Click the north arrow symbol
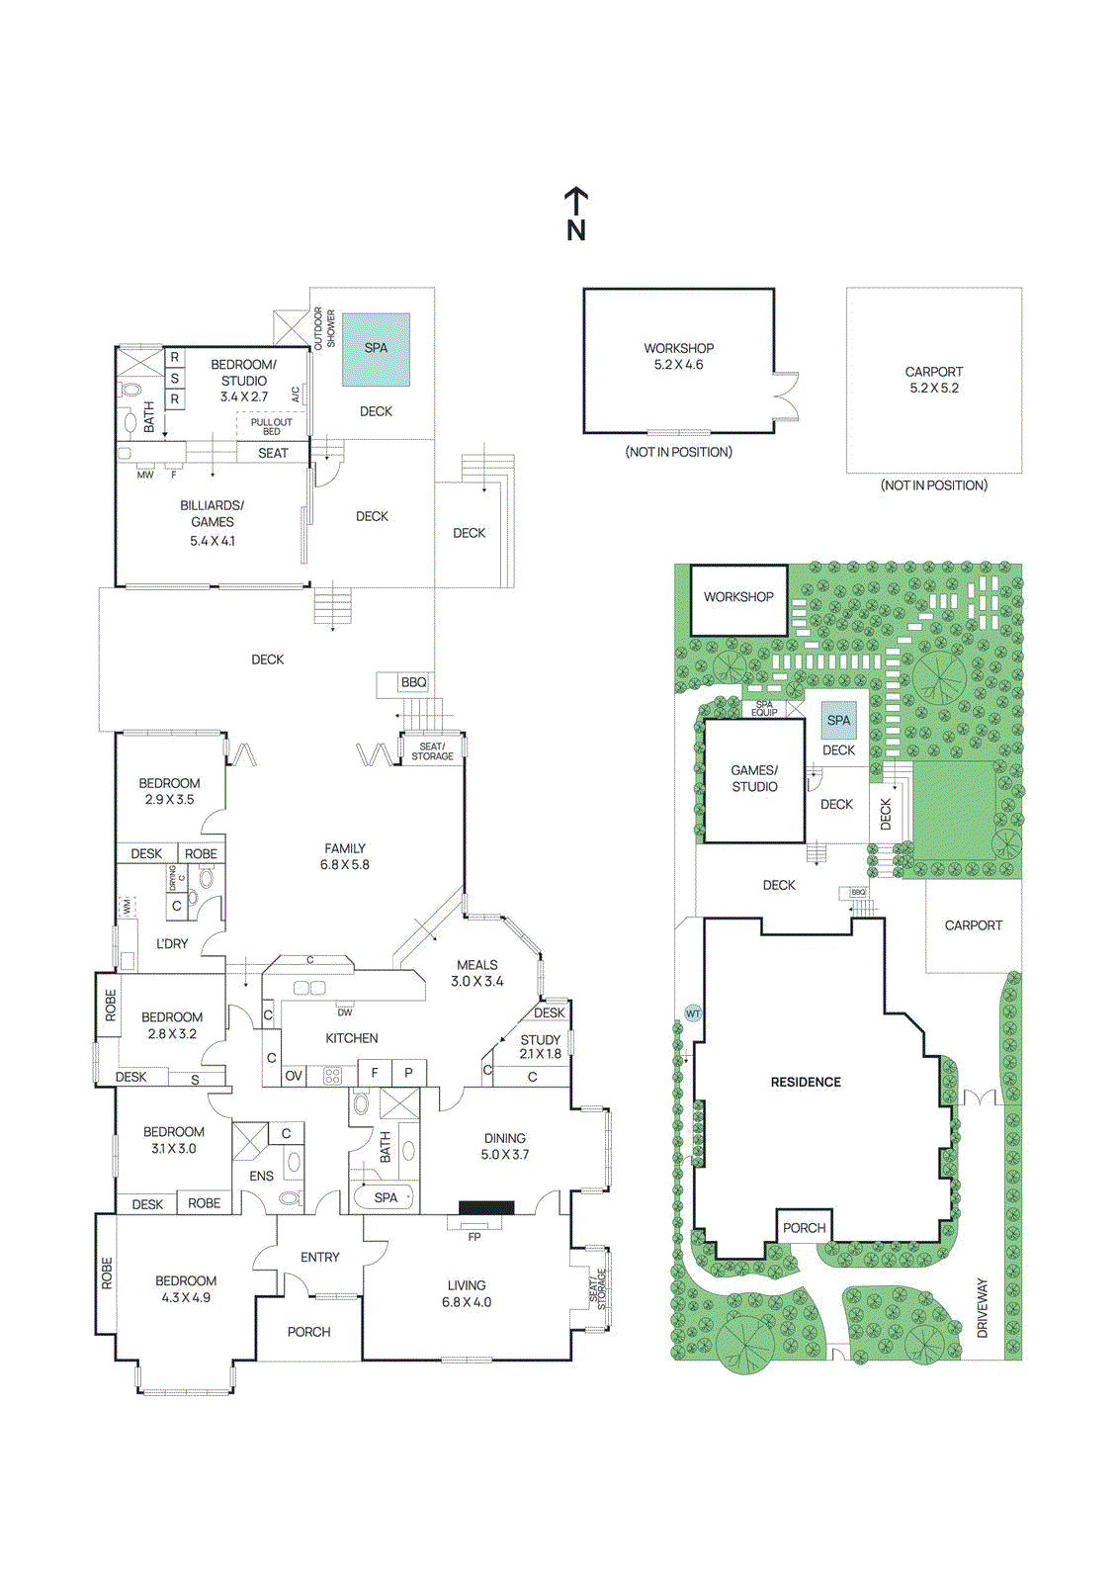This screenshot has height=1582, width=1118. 576,214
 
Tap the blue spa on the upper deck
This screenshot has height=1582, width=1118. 376,349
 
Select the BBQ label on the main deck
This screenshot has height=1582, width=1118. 413,682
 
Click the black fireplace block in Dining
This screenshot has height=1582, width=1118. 486,1207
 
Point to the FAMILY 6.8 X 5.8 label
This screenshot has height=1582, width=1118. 344,856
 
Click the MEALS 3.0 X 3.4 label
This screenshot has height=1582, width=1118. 477,973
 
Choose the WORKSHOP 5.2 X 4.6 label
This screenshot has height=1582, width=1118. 678,356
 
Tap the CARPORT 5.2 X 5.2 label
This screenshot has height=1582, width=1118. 933,380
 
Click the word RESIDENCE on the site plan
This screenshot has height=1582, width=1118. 806,1082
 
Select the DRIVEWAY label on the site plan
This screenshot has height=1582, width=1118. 983,1308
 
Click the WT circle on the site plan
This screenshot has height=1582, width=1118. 693,1013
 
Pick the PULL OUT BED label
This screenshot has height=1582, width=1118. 271,426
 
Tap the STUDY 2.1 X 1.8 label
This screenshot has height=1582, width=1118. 540,1046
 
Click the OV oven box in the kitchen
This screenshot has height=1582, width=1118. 294,1076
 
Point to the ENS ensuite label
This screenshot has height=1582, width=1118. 261,1176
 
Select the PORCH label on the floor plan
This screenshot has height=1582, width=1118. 308,1332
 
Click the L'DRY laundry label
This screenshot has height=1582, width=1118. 172,943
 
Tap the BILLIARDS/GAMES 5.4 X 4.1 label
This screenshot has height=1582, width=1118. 213,522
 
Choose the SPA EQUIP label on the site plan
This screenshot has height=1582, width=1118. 764,708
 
